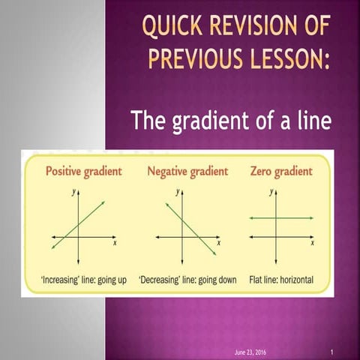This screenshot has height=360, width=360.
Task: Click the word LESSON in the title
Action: click(x=289, y=58)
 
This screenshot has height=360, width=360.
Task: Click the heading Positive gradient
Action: click(x=83, y=171)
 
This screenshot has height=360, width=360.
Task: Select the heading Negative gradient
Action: click(x=187, y=171)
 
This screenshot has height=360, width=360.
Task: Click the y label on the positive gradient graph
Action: click(x=73, y=192)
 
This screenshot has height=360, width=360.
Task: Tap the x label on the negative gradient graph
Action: click(x=218, y=244)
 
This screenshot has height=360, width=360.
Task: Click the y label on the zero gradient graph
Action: click(x=271, y=192)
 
